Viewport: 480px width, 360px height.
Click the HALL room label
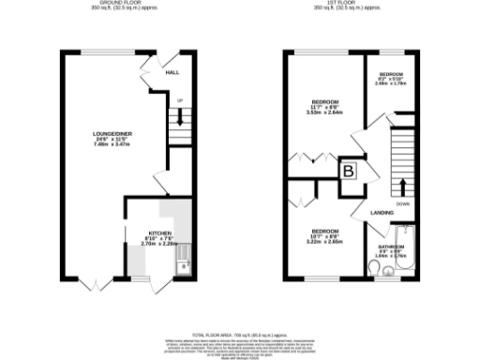click(172, 72)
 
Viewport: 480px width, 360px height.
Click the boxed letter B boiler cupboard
click(349, 172)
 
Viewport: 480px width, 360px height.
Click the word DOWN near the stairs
click(402, 202)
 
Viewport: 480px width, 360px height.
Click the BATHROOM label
click(390, 248)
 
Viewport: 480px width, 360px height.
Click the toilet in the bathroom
click(375, 271)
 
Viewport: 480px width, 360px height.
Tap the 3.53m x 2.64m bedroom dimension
click(325, 112)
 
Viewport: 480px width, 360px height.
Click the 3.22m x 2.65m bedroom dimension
click(325, 242)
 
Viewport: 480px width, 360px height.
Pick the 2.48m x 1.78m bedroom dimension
click(391, 84)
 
